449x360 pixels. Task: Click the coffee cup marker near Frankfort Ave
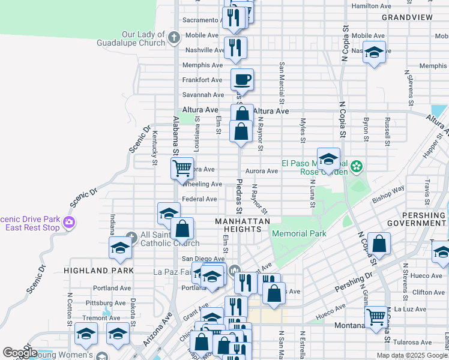pos(242,79)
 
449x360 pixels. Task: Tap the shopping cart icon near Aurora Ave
pos(182,168)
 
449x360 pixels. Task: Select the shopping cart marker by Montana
pos(376,315)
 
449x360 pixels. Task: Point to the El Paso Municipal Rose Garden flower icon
pos(357,166)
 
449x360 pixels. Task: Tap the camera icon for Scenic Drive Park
pos(69,223)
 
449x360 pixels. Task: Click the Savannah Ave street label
pos(203,95)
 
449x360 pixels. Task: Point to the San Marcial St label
pos(280,80)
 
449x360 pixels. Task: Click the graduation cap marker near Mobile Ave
pos(374,52)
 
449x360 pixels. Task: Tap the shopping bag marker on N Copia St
pos(379,244)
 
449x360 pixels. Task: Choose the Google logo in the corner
pos(20,353)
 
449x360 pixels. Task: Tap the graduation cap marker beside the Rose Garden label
pos(328,159)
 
